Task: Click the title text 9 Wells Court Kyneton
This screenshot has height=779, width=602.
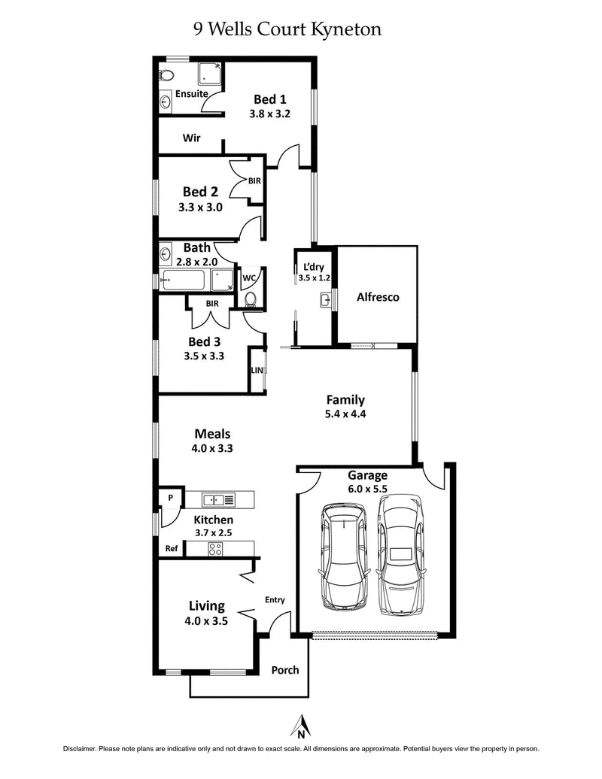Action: pyautogui.click(x=288, y=29)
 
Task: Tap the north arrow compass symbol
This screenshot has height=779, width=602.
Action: pyautogui.click(x=300, y=726)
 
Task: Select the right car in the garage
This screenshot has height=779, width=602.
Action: pyautogui.click(x=400, y=553)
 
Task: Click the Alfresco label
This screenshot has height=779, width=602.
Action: pyautogui.click(x=377, y=297)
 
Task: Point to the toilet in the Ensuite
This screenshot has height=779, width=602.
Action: pyautogui.click(x=166, y=75)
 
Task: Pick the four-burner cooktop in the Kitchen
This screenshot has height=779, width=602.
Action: pyautogui.click(x=215, y=549)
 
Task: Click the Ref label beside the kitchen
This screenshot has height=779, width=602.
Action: pyautogui.click(x=172, y=549)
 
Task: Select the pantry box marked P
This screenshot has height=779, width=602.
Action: pyautogui.click(x=169, y=497)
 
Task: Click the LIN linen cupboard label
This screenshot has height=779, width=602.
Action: pyautogui.click(x=257, y=370)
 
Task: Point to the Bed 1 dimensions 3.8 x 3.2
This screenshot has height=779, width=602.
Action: pyautogui.click(x=269, y=114)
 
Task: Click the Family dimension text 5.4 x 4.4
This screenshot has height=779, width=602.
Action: pyautogui.click(x=345, y=414)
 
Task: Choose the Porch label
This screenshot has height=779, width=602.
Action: pyautogui.click(x=285, y=670)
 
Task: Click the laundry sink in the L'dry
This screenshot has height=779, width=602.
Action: pyautogui.click(x=325, y=302)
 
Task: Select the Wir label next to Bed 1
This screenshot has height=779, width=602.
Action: pyautogui.click(x=190, y=138)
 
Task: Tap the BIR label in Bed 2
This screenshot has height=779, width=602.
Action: pyautogui.click(x=255, y=180)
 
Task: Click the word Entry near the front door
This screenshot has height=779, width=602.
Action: pyautogui.click(x=275, y=599)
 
